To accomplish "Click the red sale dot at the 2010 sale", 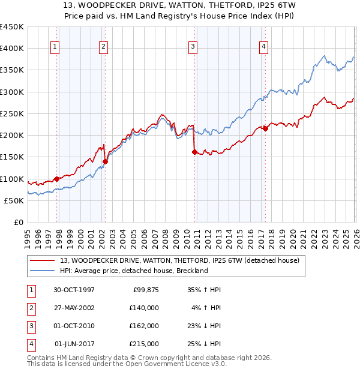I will click(194, 152).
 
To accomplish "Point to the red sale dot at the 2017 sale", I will click(265, 128).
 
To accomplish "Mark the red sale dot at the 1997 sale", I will click(57, 179).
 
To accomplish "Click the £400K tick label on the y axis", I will click(12, 49).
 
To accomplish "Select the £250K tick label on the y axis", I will click(12, 113).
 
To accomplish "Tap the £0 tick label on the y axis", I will click(18, 222).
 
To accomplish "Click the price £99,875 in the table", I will click(144, 290).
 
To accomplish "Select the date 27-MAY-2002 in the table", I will click(73, 308).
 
